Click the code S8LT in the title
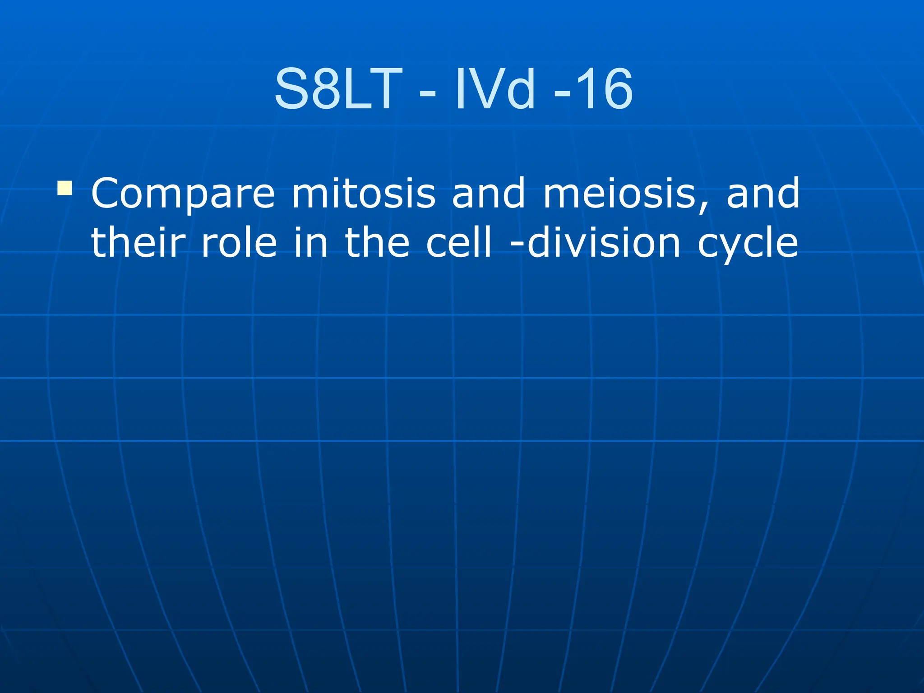[338, 89]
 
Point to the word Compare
[183, 194]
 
